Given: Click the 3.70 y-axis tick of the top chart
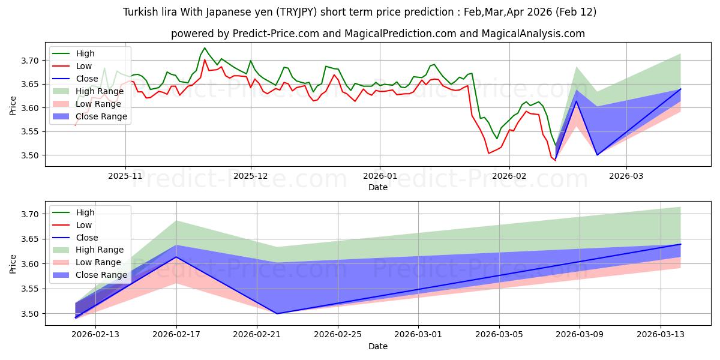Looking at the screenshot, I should [30, 61].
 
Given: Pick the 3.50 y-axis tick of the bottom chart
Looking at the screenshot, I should [30, 314].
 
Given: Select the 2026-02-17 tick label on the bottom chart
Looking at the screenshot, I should [176, 335].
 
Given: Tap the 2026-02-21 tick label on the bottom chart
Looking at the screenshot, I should [257, 335].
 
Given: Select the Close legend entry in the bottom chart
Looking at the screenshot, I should [88, 238].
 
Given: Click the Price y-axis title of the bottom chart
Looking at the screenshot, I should [13, 263].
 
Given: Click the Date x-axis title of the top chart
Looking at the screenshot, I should [378, 188].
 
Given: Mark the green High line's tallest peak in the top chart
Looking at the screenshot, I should [205, 48].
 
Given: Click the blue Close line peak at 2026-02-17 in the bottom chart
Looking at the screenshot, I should [176, 257].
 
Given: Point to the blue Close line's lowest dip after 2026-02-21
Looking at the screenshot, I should [277, 313].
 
